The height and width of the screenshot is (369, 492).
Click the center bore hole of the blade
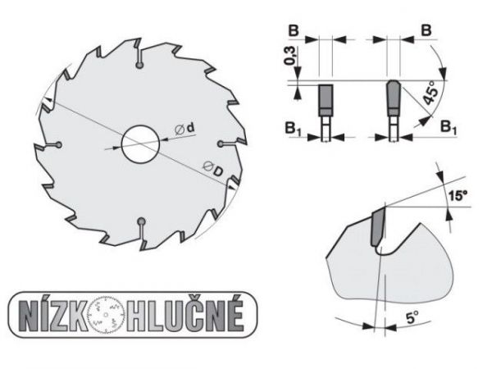[140, 144]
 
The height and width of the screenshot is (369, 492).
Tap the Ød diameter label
[185, 129]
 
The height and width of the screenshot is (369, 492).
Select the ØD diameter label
[212, 168]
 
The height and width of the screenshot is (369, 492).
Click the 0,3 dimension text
[289, 56]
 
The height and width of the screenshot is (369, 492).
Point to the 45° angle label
[430, 92]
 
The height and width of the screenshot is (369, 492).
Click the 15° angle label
[458, 196]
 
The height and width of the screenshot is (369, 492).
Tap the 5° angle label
[412, 317]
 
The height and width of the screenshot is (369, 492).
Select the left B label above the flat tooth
[294, 31]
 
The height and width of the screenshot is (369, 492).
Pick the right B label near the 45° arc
[426, 30]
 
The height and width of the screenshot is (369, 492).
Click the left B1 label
[293, 129]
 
